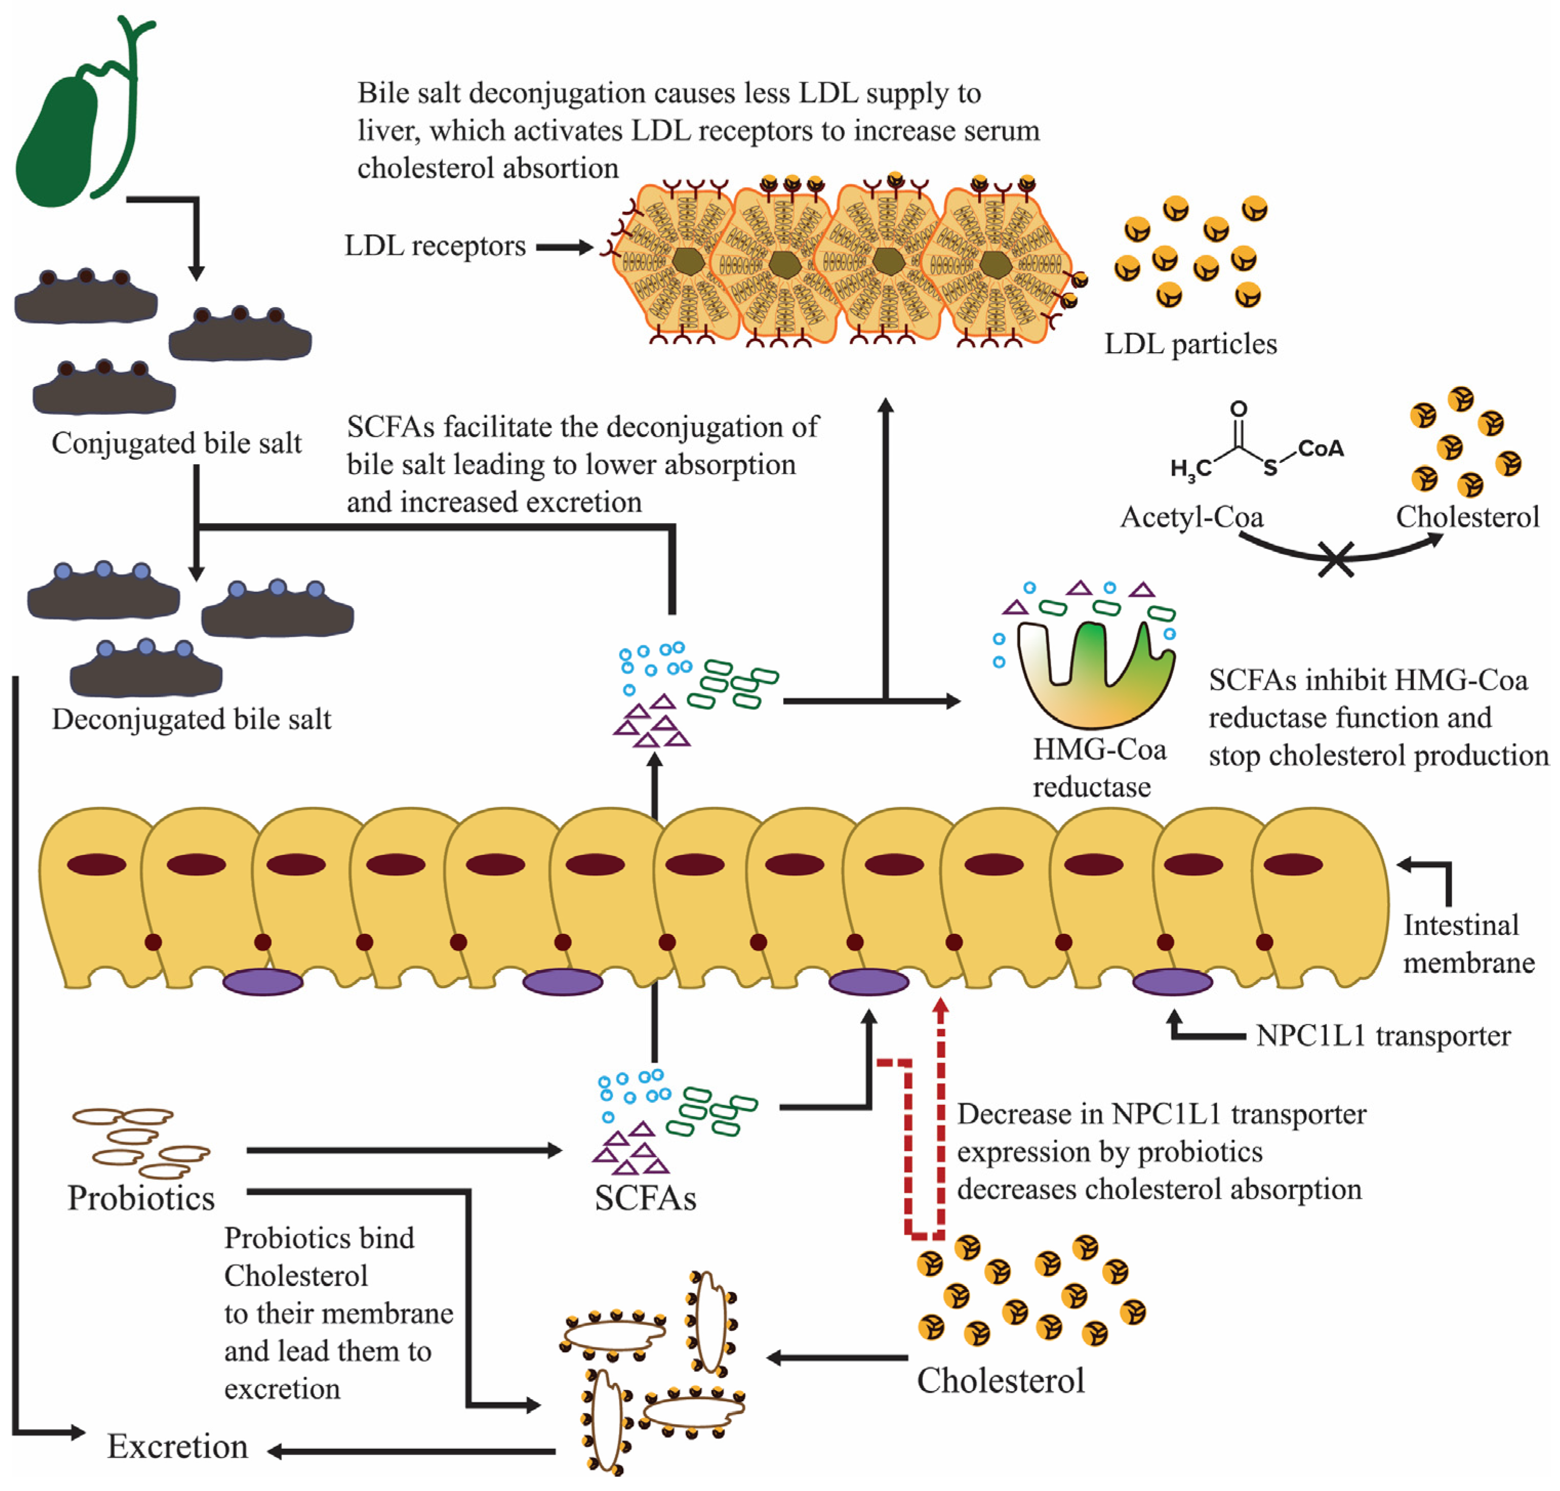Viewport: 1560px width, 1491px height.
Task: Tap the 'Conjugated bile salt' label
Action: click(176, 443)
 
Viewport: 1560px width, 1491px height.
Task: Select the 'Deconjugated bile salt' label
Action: click(191, 719)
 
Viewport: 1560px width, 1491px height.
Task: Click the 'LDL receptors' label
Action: click(434, 247)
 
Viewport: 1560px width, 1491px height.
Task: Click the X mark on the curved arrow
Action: click(1336, 559)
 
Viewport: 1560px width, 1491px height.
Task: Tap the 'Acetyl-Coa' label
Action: click(1190, 517)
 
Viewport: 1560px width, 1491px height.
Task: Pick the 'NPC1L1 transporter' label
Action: click(1382, 1035)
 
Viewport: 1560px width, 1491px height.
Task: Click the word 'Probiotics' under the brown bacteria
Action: click(141, 1198)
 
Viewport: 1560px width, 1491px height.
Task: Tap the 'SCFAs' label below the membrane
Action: click(645, 1198)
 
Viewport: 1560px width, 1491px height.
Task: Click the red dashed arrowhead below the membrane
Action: click(941, 1007)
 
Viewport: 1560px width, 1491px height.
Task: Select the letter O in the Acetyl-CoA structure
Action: click(1238, 409)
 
